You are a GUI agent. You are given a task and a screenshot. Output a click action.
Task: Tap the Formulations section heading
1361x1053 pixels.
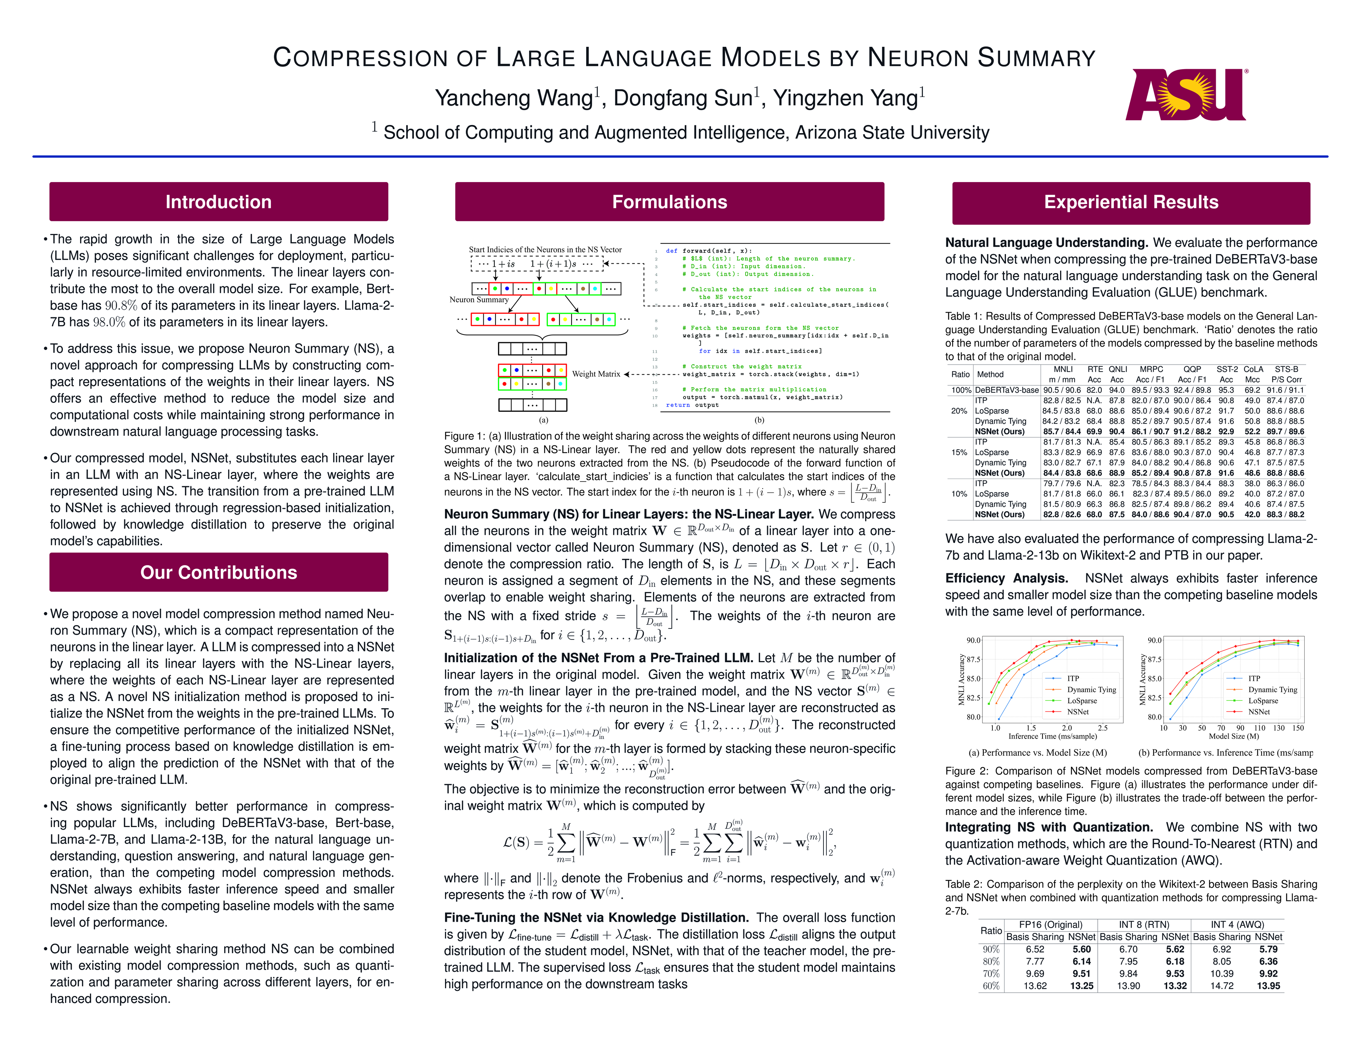point(669,202)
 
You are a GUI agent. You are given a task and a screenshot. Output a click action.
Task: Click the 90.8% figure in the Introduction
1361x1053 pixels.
point(121,305)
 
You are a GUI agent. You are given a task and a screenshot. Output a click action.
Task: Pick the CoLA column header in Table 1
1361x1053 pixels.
point(1253,370)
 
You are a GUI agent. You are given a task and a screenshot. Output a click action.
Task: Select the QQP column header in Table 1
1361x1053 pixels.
point(1192,370)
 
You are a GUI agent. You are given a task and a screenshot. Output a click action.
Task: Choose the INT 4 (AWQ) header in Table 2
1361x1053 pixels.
point(1237,925)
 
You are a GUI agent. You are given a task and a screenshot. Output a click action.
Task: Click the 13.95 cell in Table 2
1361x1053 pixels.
point(1268,986)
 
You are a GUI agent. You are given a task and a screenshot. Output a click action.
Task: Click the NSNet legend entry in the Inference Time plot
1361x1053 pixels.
point(1078,712)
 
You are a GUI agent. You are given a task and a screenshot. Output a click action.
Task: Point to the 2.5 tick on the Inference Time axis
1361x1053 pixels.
point(1102,728)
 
